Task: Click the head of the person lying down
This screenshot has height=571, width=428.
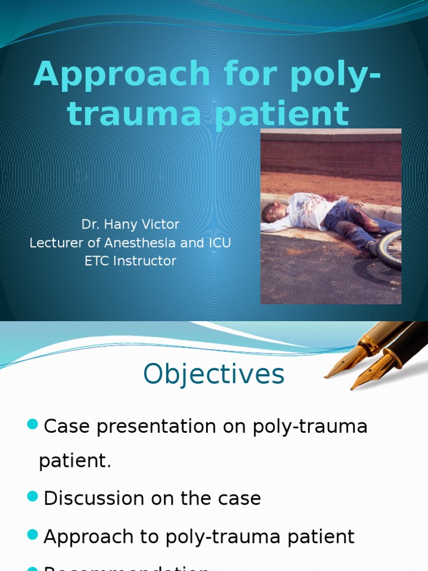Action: click(x=271, y=212)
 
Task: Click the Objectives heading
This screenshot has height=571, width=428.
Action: click(x=213, y=375)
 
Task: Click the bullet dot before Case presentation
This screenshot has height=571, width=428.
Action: click(x=32, y=425)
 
